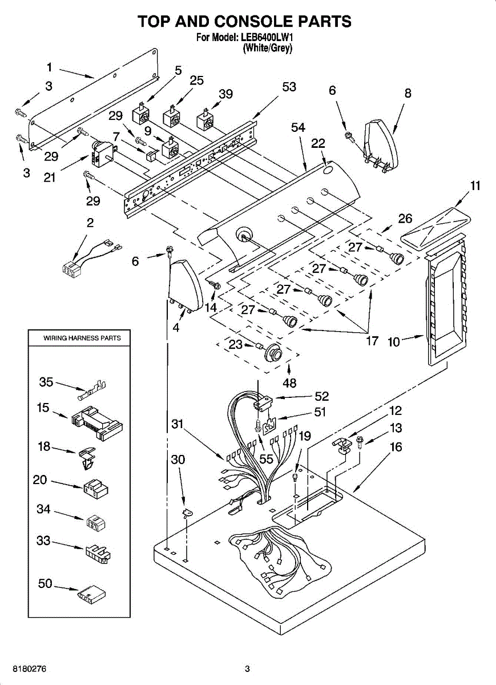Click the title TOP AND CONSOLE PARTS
(244, 22)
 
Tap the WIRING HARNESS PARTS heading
(82, 338)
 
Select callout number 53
(289, 87)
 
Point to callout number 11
(475, 186)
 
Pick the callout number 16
(396, 447)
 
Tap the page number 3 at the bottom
(247, 668)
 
